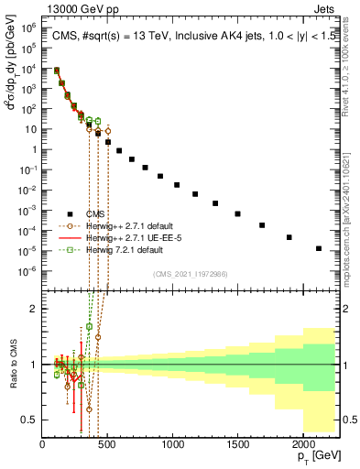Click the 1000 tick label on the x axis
pyautogui.click(x=172, y=445)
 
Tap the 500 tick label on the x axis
pyautogui.click(x=107, y=445)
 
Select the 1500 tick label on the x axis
pyautogui.click(x=237, y=445)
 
